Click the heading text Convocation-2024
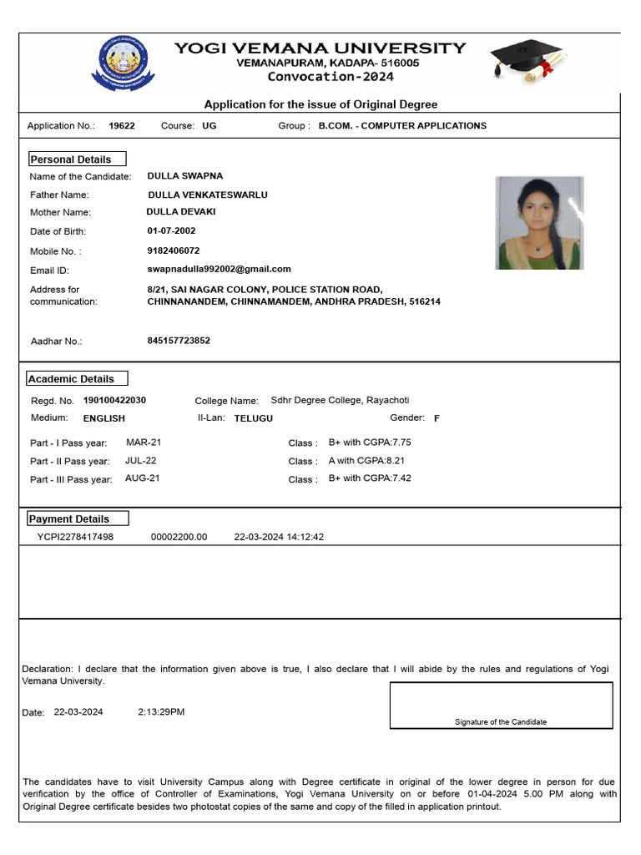pos(331,77)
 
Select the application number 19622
pos(122,126)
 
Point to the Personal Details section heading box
pos(77,159)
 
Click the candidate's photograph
pos(539,223)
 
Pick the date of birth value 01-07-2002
pos(172,231)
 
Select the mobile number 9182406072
pos(174,250)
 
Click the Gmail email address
pos(219,269)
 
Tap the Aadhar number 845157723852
pos(179,341)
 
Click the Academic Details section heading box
pos(77,378)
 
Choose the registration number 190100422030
pos(114,401)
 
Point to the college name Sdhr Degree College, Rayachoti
pos(340,400)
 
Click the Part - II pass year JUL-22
pos(141,460)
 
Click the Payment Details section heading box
pos(78,519)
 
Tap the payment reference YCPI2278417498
pos(75,537)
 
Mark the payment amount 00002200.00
pos(179,537)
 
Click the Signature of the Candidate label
pos(501,722)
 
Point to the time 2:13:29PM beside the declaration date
pos(161,712)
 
